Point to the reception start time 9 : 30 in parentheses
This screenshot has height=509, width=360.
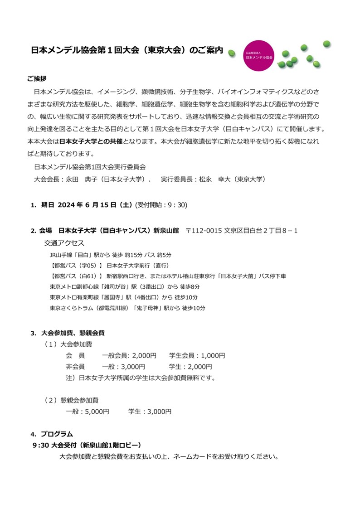click(x=174, y=205)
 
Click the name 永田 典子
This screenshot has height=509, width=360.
click(x=75, y=179)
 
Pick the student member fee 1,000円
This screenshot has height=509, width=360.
click(x=212, y=355)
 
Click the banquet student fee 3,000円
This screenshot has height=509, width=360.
click(x=158, y=412)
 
